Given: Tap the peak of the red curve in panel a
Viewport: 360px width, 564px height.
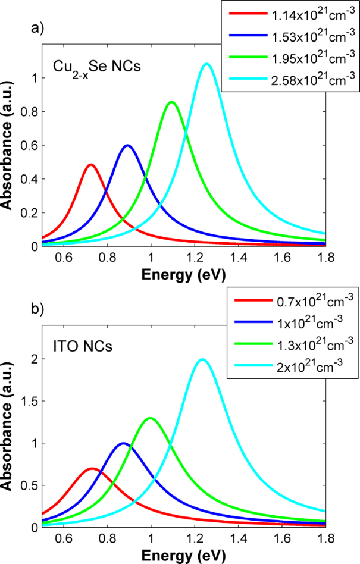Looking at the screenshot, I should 90,164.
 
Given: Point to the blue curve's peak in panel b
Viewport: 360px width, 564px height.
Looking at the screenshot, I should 123,443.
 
